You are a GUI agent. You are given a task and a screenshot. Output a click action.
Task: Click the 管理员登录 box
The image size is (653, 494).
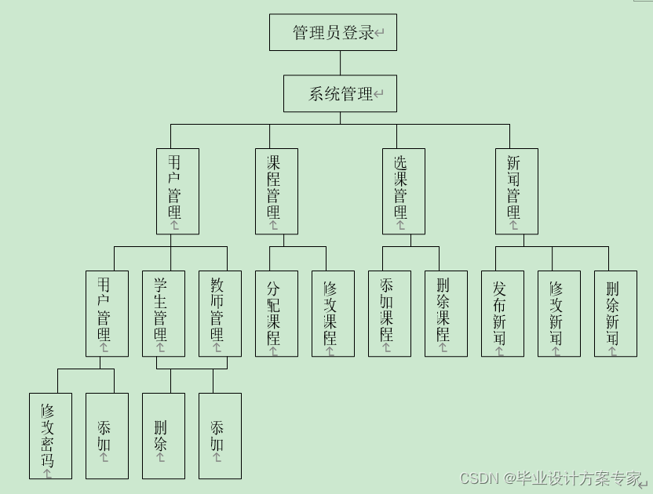tap(333, 32)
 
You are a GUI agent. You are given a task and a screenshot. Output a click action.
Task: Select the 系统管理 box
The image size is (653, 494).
tap(340, 93)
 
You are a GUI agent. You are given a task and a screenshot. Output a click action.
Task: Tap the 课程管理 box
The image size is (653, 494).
tap(276, 191)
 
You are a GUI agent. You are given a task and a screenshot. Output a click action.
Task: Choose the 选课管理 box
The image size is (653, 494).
tap(403, 191)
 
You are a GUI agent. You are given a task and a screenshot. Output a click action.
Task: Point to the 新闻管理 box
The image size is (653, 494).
tap(516, 191)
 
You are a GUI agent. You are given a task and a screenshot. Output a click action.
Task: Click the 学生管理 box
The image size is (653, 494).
tap(163, 314)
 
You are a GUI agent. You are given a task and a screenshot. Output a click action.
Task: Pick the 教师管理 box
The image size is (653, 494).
tap(220, 314)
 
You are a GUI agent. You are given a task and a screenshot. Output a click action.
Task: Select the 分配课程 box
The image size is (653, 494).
tap(276, 314)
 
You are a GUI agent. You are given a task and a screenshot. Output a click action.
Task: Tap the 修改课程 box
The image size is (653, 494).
tap(333, 314)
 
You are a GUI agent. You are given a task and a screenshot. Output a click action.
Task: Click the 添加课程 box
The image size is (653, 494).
tap(389, 314)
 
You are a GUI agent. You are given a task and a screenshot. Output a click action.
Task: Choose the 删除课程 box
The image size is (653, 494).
tap(446, 314)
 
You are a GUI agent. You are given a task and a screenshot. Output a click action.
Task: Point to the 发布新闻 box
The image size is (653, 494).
tap(502, 314)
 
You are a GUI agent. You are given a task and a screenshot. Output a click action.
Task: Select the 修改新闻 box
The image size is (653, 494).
tap(559, 314)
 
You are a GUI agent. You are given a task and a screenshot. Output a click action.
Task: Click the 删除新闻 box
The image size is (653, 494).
tap(615, 314)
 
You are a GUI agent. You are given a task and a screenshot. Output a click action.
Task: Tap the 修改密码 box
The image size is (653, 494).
tap(50, 436)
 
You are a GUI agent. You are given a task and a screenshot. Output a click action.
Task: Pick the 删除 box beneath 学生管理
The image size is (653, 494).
tap(163, 436)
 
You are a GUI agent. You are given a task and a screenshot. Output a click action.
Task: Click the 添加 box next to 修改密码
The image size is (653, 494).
tap(107, 436)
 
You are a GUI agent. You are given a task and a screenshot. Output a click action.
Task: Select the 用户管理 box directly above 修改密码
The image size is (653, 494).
tap(107, 314)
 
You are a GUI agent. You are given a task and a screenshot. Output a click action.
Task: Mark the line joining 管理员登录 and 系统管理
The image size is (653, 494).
tap(340, 63)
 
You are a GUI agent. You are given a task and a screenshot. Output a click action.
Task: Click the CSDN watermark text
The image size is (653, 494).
tap(550, 478)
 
